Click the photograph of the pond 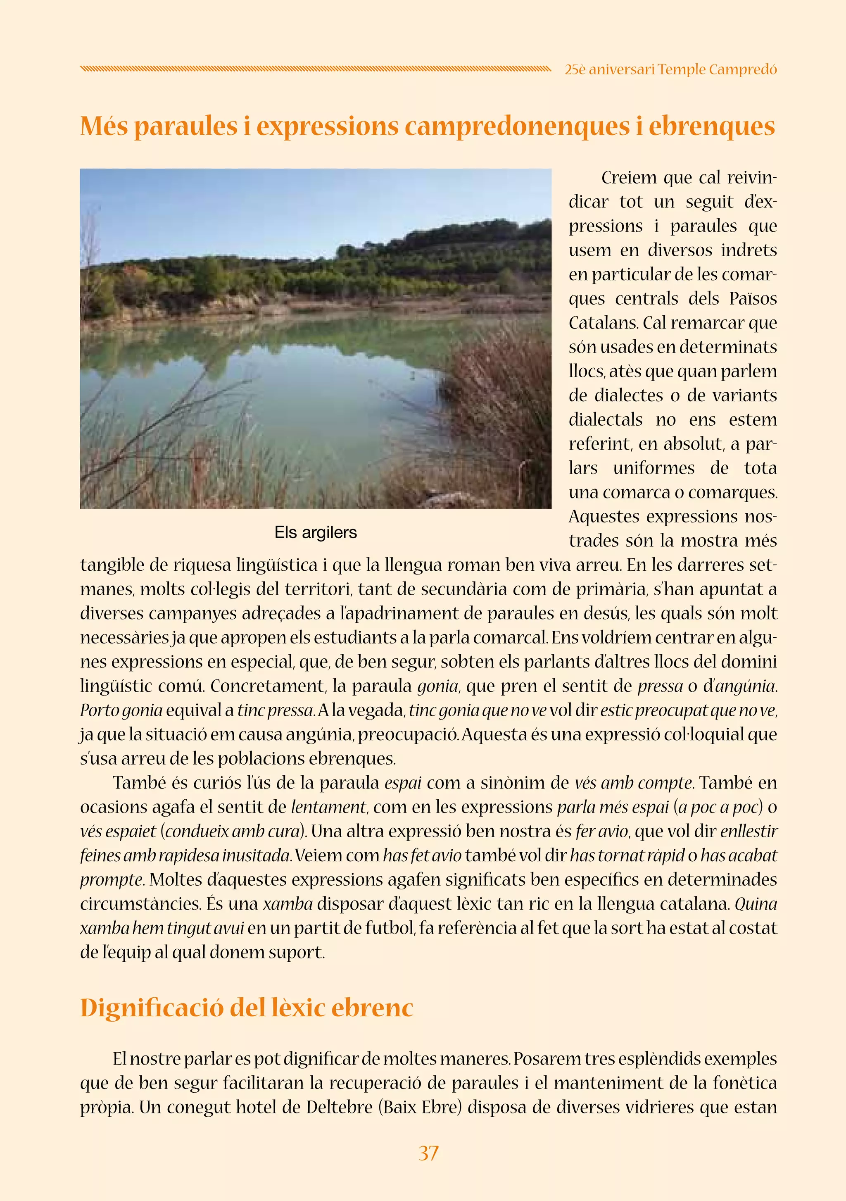[315, 338]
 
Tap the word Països [753, 299]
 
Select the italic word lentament [328, 807]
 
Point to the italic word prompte [112, 880]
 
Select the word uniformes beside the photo [654, 468]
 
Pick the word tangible [112, 565]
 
